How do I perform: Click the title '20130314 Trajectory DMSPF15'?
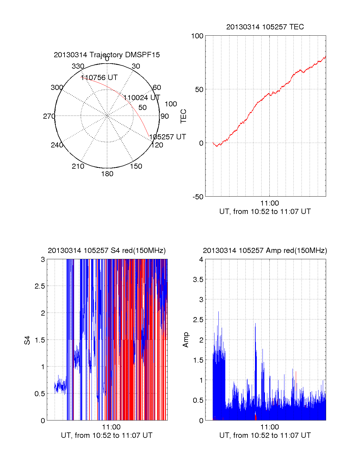[107, 55]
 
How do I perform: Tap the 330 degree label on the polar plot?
[78, 66]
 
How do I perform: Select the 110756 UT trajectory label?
[99, 78]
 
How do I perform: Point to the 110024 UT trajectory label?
[142, 98]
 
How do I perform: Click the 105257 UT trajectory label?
[168, 137]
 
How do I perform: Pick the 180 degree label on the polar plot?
[107, 174]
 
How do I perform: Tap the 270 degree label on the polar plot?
[49, 116]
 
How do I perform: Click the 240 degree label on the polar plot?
[57, 145]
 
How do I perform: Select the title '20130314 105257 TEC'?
[265, 27]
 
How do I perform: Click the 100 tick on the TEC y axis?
[197, 36]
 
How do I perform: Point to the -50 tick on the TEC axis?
[198, 197]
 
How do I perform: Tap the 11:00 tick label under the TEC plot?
[269, 203]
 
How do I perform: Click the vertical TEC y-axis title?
[183, 116]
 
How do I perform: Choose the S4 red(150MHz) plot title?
[107, 251]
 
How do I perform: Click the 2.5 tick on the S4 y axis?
[40, 286]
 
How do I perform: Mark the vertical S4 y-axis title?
[27, 340]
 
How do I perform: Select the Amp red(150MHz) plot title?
[265, 251]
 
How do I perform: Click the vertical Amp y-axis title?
[186, 340]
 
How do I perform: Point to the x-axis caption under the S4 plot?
[107, 435]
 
